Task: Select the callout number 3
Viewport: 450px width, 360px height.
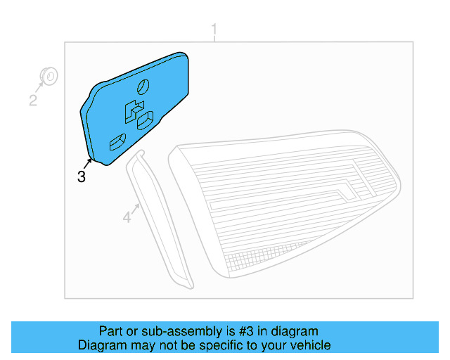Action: (82, 176)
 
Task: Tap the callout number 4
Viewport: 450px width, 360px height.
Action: (127, 218)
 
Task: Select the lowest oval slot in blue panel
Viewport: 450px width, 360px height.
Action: (116, 142)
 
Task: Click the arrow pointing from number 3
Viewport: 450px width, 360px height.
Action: (89, 165)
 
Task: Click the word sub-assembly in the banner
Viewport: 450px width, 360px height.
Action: (177, 331)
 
